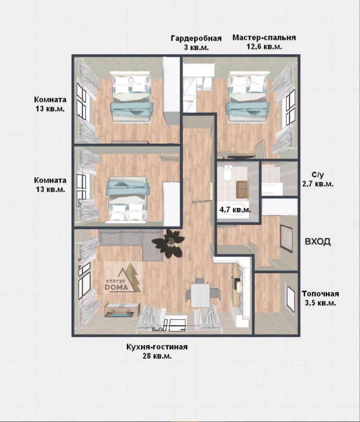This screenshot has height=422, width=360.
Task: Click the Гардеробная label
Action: [x=196, y=38]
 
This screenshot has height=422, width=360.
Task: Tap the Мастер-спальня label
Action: [x=264, y=37]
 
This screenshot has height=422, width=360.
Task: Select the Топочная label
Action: [x=320, y=294]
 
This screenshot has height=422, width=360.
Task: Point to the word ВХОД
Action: [x=317, y=242]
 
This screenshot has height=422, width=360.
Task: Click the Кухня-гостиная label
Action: [x=157, y=347]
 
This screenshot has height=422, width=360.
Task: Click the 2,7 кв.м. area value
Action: [x=318, y=184]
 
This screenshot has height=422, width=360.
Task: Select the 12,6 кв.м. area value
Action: [x=265, y=47]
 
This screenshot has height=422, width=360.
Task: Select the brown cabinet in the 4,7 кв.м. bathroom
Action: [x=242, y=189]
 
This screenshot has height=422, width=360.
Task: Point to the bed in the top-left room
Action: [x=131, y=97]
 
